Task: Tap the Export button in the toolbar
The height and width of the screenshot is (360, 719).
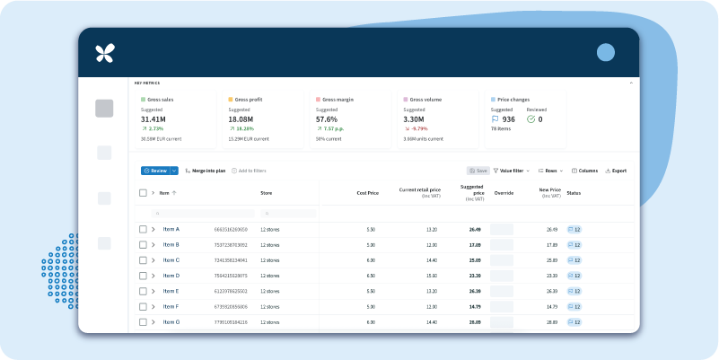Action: tap(616, 171)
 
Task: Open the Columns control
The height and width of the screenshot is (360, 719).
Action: tap(584, 171)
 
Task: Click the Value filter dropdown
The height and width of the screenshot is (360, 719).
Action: tap(512, 171)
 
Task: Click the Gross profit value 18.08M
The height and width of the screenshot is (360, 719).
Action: tap(241, 119)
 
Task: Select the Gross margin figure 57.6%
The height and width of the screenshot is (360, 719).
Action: tap(327, 119)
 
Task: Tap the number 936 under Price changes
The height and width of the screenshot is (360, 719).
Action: tap(508, 119)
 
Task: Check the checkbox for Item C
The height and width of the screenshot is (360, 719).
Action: tap(143, 260)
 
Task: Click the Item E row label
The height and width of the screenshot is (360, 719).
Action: tap(171, 291)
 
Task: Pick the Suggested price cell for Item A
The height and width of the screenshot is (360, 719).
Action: tap(475, 230)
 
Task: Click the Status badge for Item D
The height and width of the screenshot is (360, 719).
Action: tap(574, 276)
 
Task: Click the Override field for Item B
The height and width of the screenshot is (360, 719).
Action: tap(502, 245)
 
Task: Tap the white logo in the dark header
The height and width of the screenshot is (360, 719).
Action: tap(105, 53)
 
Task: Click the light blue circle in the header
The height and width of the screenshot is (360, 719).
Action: tap(606, 52)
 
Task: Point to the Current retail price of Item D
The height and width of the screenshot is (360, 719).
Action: tap(431, 276)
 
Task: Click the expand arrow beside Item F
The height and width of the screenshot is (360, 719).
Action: tap(153, 306)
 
